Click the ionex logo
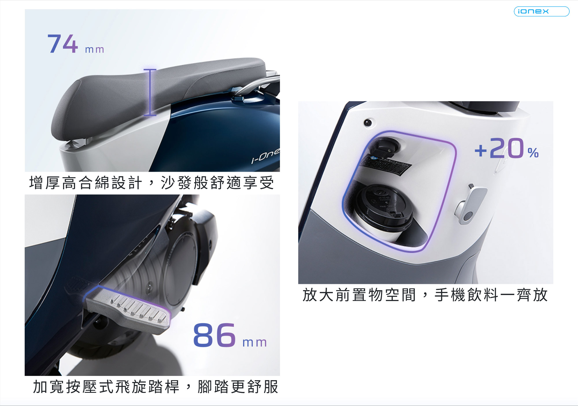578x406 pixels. [x=541, y=11]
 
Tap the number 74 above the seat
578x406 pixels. [x=63, y=44]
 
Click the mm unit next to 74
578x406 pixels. [x=95, y=49]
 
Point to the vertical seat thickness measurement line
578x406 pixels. [x=150, y=92]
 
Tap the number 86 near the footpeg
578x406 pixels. [x=214, y=335]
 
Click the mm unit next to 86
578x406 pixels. [x=254, y=342]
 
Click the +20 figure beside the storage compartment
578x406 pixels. [x=499, y=148]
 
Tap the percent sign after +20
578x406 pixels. [x=533, y=152]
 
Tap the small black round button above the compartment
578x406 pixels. [x=368, y=123]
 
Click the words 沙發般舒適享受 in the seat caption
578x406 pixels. [x=217, y=183]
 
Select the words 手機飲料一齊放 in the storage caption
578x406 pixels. [x=491, y=295]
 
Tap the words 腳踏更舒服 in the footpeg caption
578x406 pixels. [x=238, y=387]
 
